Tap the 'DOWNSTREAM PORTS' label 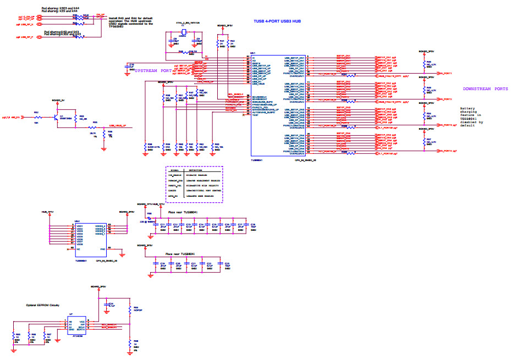[485, 88]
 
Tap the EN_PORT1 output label [445, 73]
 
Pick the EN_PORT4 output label [445, 151]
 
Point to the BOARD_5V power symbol [58, 101]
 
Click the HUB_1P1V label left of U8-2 [47, 212]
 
